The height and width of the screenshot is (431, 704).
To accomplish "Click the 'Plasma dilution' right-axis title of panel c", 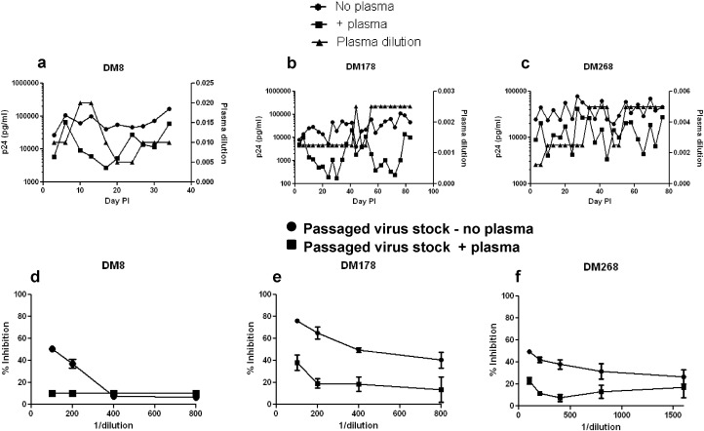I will (697, 133).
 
